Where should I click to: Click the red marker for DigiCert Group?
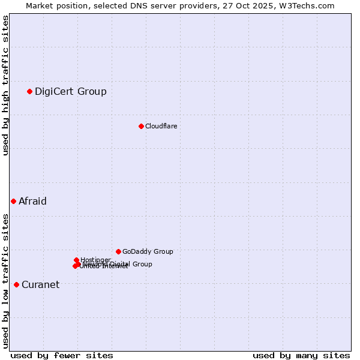(x=29, y=91)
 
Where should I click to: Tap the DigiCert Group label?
(x=71, y=91)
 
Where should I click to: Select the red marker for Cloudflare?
(x=141, y=126)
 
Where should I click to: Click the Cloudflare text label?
(x=161, y=126)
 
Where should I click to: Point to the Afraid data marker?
(x=13, y=201)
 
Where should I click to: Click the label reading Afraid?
(x=32, y=201)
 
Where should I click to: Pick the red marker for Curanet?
(x=16, y=284)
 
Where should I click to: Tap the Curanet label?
(x=40, y=284)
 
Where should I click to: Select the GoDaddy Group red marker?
(x=118, y=251)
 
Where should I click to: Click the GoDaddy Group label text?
(x=148, y=251)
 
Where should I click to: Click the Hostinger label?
(x=95, y=260)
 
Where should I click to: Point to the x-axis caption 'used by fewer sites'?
(x=62, y=355)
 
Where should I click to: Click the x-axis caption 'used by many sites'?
(x=301, y=355)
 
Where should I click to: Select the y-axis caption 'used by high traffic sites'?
(x=5, y=86)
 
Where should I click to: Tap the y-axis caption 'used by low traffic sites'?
(x=5, y=281)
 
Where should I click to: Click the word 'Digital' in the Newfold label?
(x=121, y=264)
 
